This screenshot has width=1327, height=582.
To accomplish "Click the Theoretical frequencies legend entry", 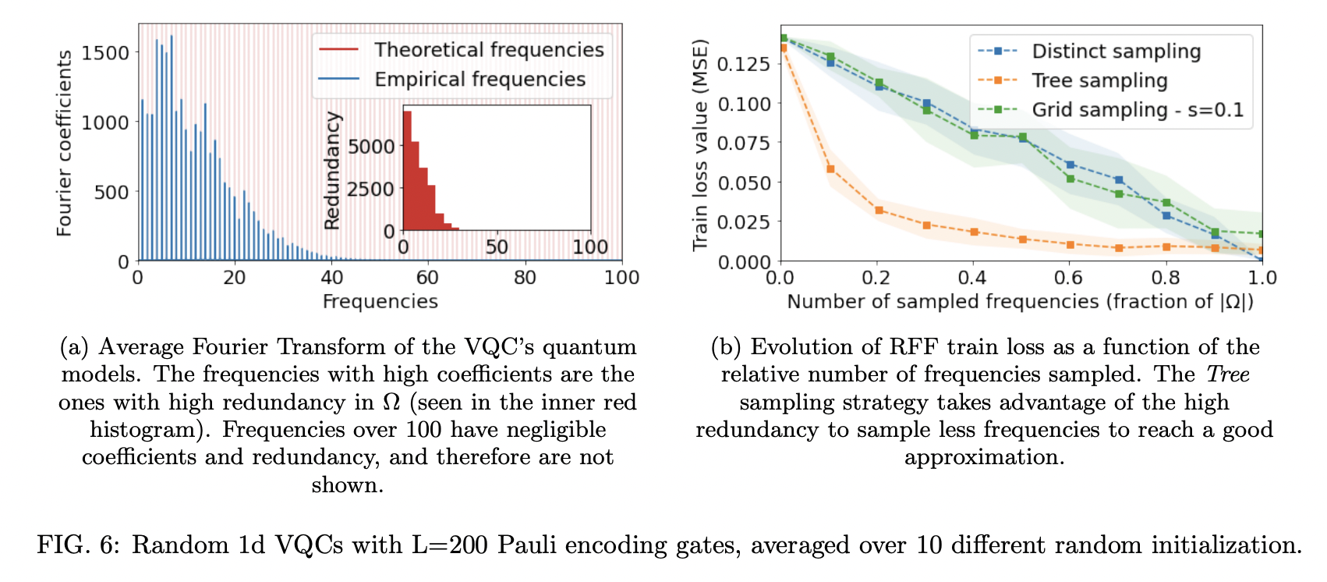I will [488, 50].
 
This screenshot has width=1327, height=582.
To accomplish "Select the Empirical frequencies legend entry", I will [479, 80].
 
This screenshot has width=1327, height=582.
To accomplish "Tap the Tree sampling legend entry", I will [1099, 80].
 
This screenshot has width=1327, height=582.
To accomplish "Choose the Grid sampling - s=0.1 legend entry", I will [1137, 110].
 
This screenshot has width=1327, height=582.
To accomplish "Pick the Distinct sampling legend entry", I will [1115, 51].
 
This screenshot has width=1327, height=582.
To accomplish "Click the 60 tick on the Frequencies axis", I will [427, 278].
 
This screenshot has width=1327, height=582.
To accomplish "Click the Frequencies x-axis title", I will [380, 302].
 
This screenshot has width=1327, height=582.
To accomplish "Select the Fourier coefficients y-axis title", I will [64, 144].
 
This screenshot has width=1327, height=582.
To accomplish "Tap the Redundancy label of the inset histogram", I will [332, 171].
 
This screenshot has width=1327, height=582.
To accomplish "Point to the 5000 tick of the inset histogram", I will [370, 147].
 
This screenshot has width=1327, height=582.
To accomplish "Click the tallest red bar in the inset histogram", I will [407, 172].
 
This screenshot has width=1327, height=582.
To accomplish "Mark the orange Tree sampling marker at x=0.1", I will [830, 169].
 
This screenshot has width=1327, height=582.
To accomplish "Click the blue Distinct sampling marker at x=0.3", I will [926, 103].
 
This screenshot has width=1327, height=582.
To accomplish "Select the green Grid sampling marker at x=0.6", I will [1070, 179].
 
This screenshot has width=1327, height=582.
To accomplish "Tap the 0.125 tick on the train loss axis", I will [743, 63].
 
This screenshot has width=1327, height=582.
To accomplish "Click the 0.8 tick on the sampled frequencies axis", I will [1166, 278].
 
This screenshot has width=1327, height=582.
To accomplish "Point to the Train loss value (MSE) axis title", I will [700, 145].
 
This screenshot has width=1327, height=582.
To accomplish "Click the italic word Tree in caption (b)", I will [1228, 374].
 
